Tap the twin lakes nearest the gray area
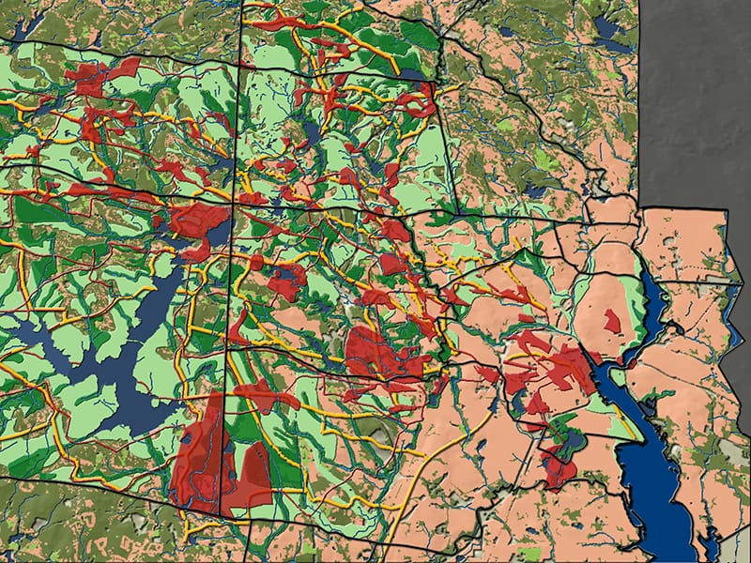click(x=608, y=33)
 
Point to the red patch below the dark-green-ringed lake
click(x=559, y=469)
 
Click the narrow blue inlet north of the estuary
click(x=653, y=300)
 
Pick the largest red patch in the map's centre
click(x=371, y=352)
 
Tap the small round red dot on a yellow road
click(x=255, y=262)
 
